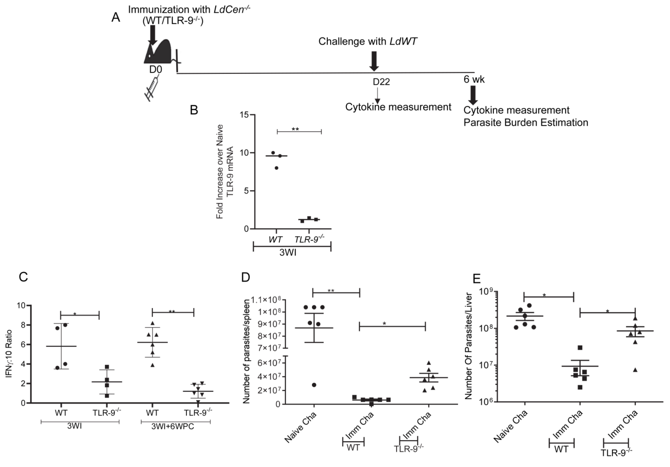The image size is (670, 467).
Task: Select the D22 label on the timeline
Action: point(381,82)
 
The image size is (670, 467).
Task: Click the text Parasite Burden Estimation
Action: point(526,123)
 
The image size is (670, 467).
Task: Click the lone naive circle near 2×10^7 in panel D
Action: point(314,385)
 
